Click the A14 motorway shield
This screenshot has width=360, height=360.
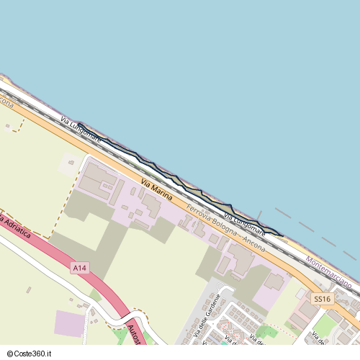pyautogui.click(x=80, y=268)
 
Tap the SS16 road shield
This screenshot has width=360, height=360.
pyautogui.click(x=322, y=298)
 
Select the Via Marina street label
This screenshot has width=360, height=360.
pyautogui.click(x=157, y=189)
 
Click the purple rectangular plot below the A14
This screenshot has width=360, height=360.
pyautogui.click(x=69, y=323)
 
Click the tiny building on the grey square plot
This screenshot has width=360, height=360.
pyautogui.click(x=71, y=163)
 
